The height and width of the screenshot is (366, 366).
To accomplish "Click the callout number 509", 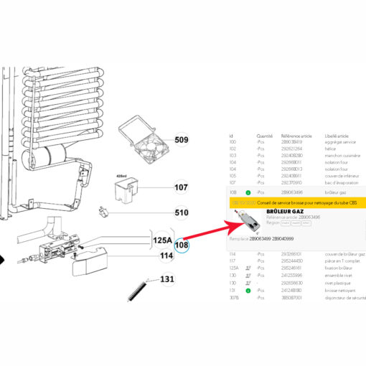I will [x=181, y=140].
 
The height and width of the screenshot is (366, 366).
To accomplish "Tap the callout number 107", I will [x=181, y=189].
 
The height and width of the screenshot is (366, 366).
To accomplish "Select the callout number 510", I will [x=181, y=213].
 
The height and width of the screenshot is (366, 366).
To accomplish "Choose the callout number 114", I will [x=166, y=255].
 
